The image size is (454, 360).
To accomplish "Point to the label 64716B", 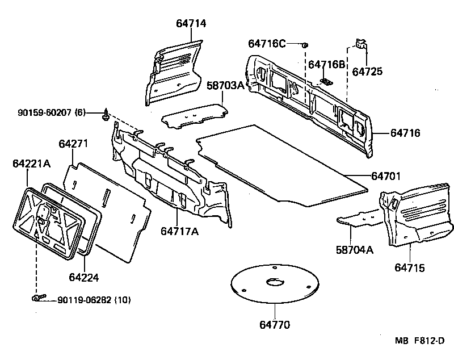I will [x=326, y=65].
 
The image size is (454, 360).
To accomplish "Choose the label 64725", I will [x=367, y=72].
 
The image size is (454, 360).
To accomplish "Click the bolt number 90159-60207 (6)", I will [x=43, y=113].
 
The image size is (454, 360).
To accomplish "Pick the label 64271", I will [x=73, y=144].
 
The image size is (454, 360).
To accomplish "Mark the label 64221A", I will [x=31, y=164].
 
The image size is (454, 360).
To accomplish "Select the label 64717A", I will [x=179, y=231].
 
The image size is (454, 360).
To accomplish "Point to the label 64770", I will [x=275, y=325].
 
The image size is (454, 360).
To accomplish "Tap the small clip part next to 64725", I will [x=360, y=44].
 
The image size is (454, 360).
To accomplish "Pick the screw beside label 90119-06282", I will [x=38, y=298].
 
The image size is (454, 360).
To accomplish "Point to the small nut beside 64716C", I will [x=305, y=44].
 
